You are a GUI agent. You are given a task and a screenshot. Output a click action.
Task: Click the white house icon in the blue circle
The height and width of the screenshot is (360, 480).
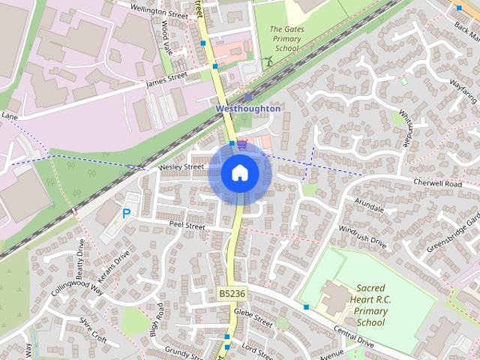point(239,172)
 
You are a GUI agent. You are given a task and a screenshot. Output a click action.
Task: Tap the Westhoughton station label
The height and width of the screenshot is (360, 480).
point(247,109)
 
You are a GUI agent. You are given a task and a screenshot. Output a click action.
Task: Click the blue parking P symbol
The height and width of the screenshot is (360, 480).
point(126,214)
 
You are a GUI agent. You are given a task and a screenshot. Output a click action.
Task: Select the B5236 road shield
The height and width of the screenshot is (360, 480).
point(232,293)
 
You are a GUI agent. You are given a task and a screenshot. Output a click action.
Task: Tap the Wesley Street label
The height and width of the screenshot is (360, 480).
point(181,166)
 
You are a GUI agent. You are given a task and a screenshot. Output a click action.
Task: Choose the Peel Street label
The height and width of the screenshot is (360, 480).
point(187,225)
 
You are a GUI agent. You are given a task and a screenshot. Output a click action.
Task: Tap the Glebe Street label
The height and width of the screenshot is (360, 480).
point(253,318)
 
